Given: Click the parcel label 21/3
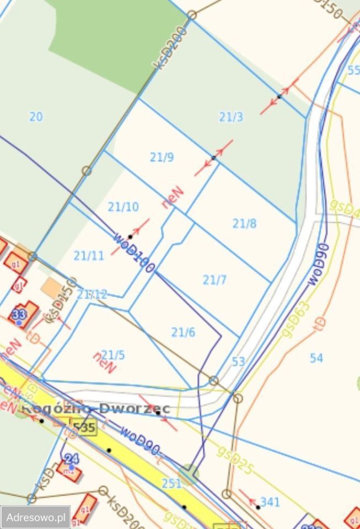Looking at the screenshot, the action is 231,117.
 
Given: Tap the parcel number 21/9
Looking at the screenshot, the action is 162,158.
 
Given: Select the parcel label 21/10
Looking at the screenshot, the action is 123,207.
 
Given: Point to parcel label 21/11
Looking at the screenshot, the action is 89,256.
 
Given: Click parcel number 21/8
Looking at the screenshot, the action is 244,224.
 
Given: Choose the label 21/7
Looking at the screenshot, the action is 214,280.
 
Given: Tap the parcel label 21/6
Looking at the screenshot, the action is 183,332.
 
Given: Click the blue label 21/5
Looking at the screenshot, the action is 113,355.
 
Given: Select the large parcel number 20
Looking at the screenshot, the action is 36,117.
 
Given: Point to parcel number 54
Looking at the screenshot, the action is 316,358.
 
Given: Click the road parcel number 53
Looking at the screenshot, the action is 238,362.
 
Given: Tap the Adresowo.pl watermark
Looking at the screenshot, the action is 35,517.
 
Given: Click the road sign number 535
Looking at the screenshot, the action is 84,427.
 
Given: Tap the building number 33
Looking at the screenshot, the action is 19,315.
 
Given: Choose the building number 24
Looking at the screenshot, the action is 72,458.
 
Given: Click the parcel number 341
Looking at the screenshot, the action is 270,502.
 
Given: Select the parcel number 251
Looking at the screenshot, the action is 171,483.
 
